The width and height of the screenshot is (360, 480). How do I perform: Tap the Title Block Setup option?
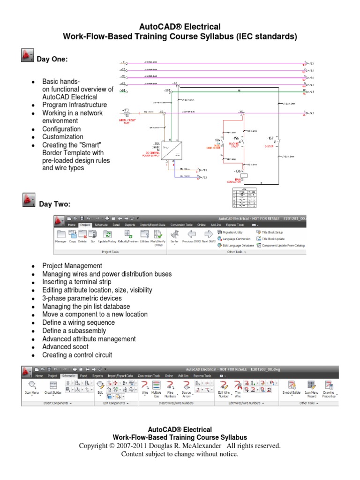272,232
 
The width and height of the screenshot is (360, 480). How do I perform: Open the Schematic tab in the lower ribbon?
68,376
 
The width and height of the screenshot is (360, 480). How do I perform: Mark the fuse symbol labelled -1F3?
126,113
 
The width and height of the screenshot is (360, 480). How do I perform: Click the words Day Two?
54,204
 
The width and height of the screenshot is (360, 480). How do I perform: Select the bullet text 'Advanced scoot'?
65,347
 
